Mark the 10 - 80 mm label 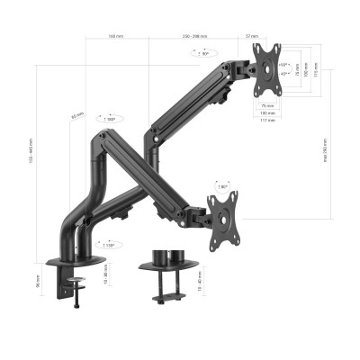coord(105,269)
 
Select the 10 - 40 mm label coord(200,281)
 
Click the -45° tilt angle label coord(285,75)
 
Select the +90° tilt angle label coord(285,65)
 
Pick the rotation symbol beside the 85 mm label coord(110,118)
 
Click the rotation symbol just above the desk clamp coord(109,244)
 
